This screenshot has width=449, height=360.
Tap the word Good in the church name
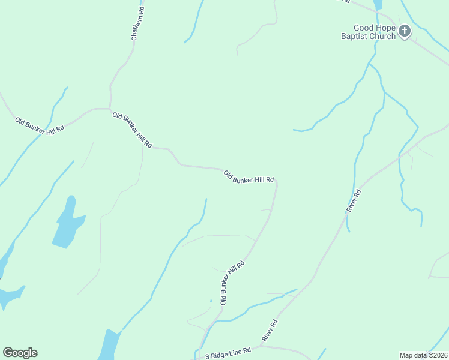coord(365,28)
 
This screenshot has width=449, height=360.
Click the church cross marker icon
coord(405,31)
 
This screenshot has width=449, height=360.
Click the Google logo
coord(20,353)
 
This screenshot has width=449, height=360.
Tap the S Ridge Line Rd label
coord(228,356)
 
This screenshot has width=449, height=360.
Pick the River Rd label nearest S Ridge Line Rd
coord(270,331)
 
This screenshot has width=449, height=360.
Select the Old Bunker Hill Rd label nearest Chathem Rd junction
coord(132,130)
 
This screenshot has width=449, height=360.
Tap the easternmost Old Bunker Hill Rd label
coord(249,178)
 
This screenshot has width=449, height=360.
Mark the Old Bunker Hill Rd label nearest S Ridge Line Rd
coord(232,283)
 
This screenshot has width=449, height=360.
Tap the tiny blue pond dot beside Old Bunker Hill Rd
coord(211,301)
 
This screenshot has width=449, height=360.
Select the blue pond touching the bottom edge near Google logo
coord(109,346)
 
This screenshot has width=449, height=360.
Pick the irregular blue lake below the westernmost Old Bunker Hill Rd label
coord(67,224)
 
